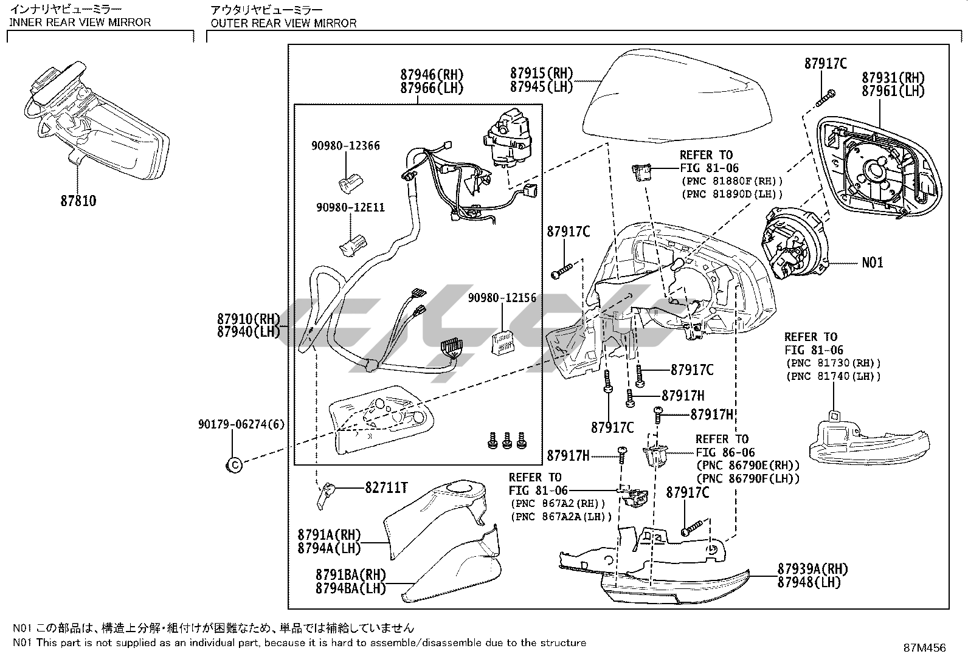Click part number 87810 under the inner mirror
78,201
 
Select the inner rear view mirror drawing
97,122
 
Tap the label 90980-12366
345,146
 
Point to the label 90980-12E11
350,208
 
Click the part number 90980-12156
502,298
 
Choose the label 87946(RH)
432,75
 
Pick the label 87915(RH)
542,74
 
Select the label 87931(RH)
893,78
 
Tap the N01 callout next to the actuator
872,263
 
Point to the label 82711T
386,487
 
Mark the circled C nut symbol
233,466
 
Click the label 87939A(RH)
812,570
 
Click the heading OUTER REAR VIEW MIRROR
283,23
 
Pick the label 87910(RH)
248,319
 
